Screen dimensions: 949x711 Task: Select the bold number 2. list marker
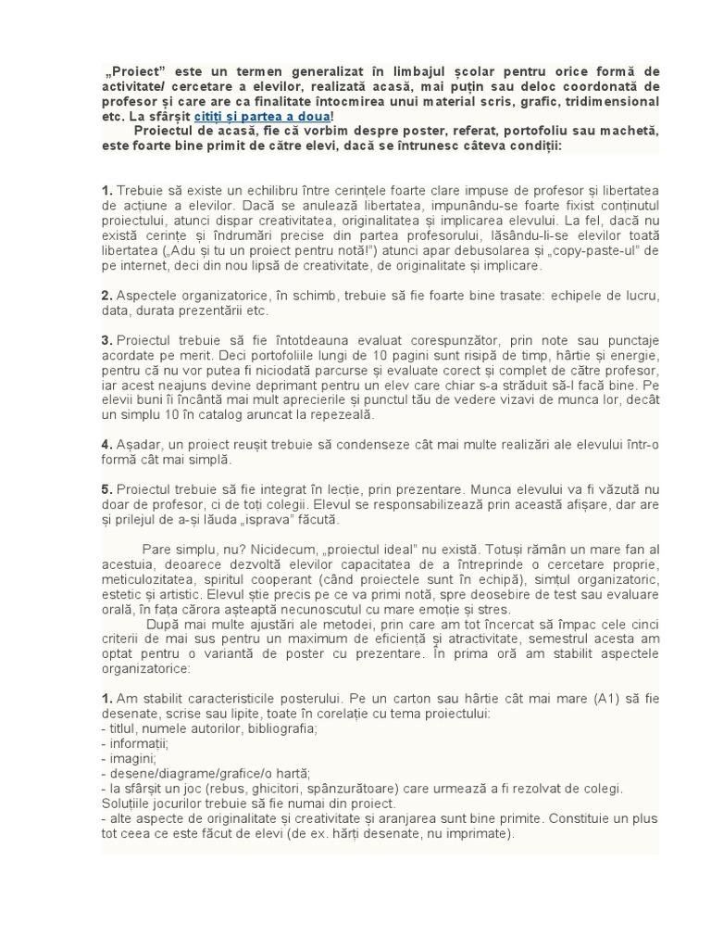click(x=106, y=296)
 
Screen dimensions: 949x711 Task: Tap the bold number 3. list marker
click(x=106, y=341)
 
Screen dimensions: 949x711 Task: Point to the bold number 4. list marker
click(x=106, y=444)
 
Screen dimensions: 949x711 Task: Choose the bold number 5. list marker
click(x=106, y=489)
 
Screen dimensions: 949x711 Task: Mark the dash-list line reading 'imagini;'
click(x=133, y=758)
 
